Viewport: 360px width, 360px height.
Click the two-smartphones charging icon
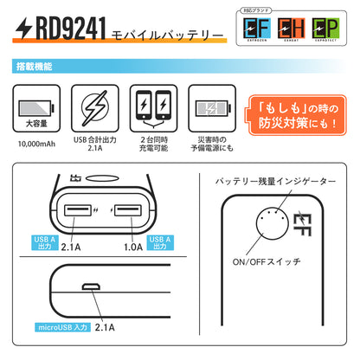[x=152, y=108]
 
